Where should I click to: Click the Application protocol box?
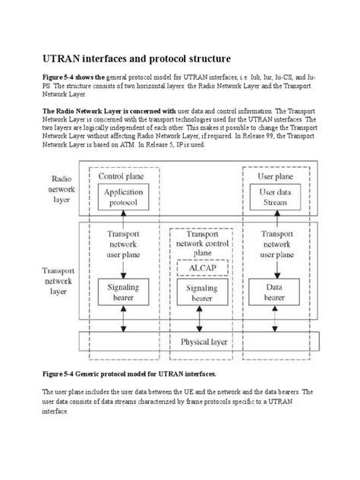[x=123, y=199]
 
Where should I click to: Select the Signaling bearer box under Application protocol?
[x=123, y=294]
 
